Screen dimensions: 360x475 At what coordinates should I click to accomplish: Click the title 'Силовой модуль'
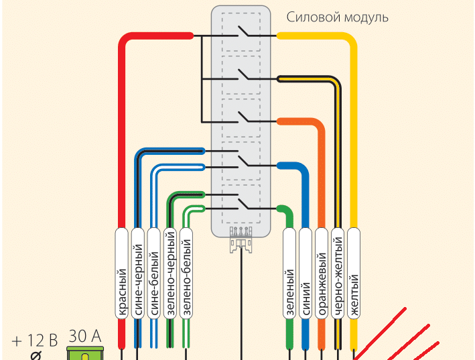[x=337, y=17]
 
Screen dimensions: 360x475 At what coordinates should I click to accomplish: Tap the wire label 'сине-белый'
[x=154, y=275]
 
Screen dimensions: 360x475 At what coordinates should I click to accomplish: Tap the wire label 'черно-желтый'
[x=338, y=275]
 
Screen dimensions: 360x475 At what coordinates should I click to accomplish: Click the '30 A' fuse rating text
[x=85, y=336]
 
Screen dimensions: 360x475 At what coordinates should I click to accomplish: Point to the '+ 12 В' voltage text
[x=35, y=340]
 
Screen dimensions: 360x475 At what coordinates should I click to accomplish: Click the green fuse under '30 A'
[x=85, y=353]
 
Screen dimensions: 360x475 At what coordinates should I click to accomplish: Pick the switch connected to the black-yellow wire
[x=242, y=77]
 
